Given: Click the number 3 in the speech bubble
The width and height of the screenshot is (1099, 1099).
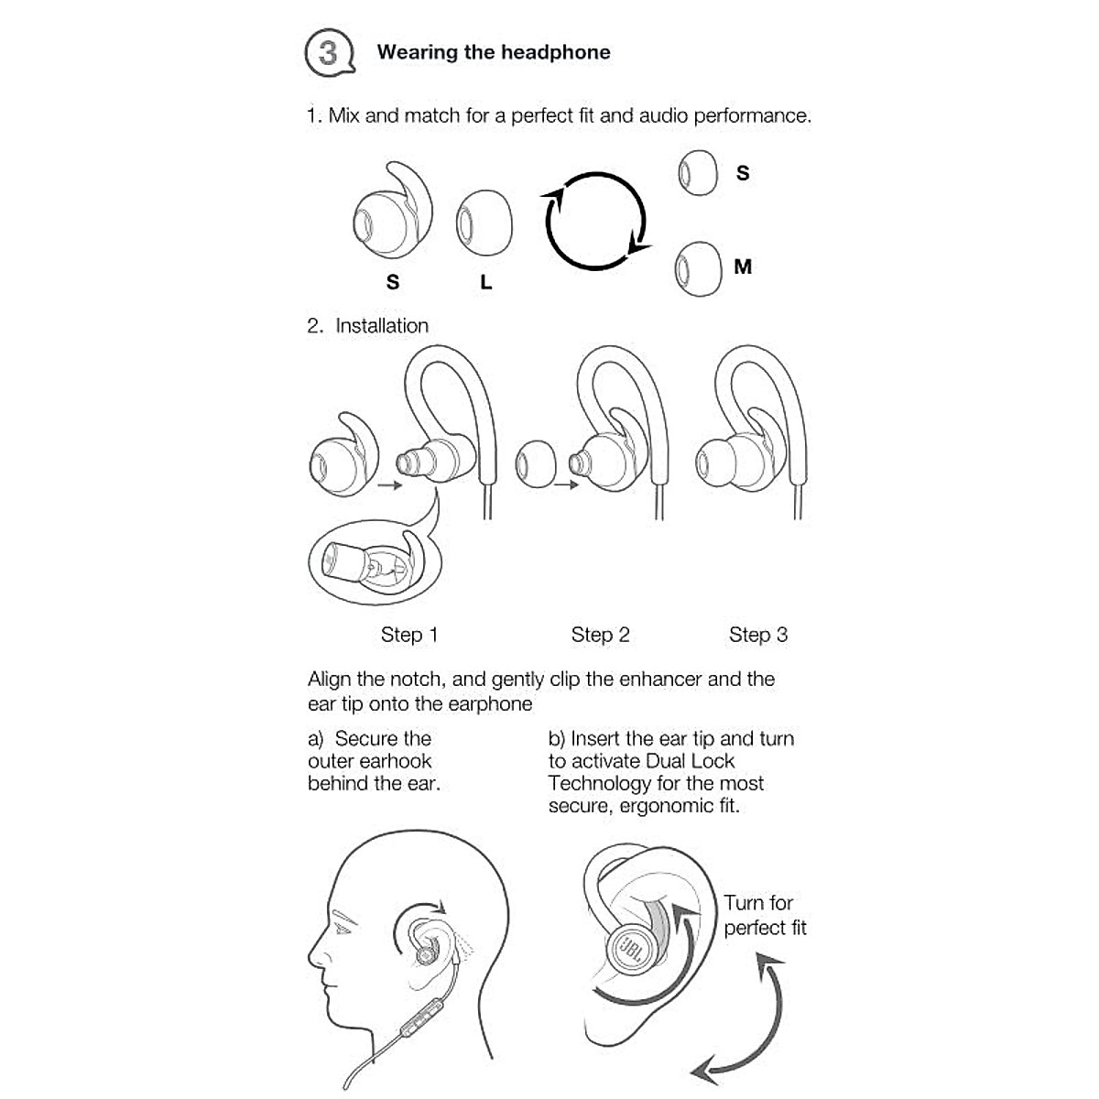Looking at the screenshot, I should point(327,52).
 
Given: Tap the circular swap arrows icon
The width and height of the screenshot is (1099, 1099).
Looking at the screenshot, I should point(595,221).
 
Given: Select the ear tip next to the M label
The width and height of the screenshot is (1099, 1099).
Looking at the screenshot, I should point(698,268).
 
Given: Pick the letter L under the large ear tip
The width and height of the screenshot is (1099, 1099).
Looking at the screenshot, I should point(485,283).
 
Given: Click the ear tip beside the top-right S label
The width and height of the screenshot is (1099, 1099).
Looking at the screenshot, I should point(698,172).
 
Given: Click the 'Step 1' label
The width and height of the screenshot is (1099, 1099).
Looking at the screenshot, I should point(409,635).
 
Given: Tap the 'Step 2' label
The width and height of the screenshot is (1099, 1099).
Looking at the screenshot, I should point(600,635).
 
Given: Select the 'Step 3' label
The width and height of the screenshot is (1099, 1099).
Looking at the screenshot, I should point(757,635).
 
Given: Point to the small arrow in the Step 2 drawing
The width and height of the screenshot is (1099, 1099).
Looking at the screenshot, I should point(566,484).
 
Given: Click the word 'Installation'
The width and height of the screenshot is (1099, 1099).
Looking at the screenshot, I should point(382,326).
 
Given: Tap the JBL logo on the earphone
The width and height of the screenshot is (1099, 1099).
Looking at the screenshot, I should point(633,947).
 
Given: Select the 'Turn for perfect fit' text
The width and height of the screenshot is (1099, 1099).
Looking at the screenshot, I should point(764,916).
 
